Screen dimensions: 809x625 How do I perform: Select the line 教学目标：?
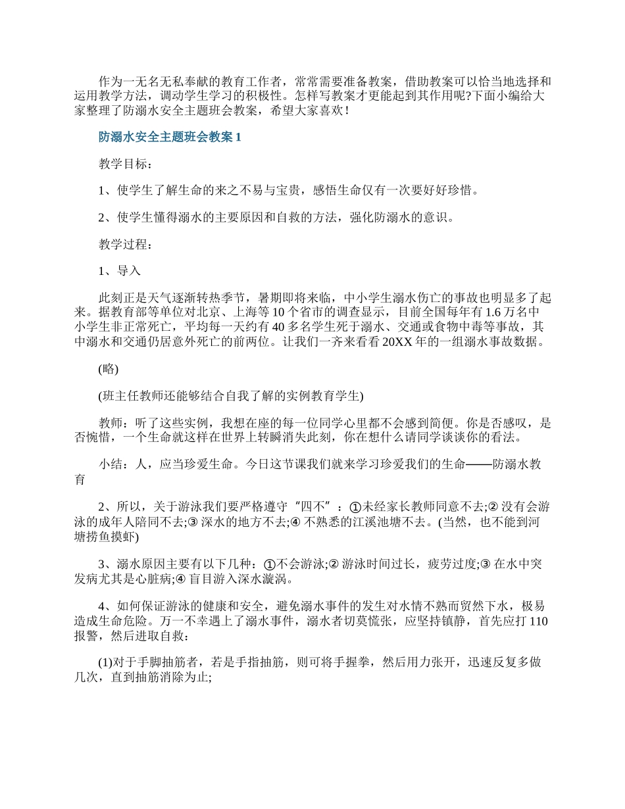[x=125, y=164]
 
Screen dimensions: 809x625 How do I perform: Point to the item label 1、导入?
[x=119, y=271]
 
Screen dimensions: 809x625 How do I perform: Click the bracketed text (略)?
[x=108, y=369]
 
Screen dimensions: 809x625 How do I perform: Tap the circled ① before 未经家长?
[x=356, y=507]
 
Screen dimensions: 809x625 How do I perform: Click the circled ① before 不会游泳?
[x=268, y=564]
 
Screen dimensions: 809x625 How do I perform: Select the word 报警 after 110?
[x=86, y=638]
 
